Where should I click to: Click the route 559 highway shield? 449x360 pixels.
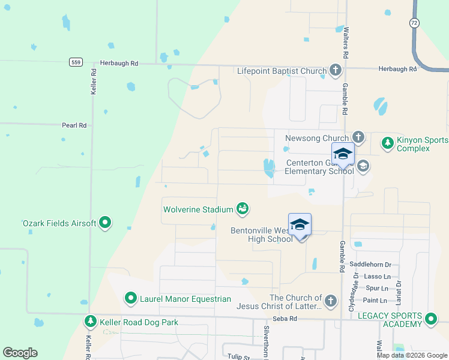[x=75, y=62]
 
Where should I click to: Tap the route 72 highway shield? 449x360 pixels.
[x=414, y=22]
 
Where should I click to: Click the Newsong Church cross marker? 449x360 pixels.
[x=358, y=138]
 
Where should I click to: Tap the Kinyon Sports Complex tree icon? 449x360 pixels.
[x=388, y=143]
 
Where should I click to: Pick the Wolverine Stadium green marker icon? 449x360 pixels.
[x=243, y=209]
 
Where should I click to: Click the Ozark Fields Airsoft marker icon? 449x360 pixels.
[x=105, y=223]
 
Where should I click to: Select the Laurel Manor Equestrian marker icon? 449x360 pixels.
[x=131, y=298]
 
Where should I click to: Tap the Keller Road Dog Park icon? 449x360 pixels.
[x=90, y=322]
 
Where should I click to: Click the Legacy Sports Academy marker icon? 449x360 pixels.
[x=430, y=319]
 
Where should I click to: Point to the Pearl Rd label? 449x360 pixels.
[x=74, y=125]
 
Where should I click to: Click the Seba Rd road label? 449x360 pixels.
[x=285, y=319]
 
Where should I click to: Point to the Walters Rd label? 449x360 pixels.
[x=346, y=43]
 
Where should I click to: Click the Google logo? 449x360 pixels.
[x=20, y=353]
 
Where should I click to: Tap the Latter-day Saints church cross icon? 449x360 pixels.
[x=330, y=301]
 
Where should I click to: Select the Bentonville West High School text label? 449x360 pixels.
[x=262, y=234]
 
